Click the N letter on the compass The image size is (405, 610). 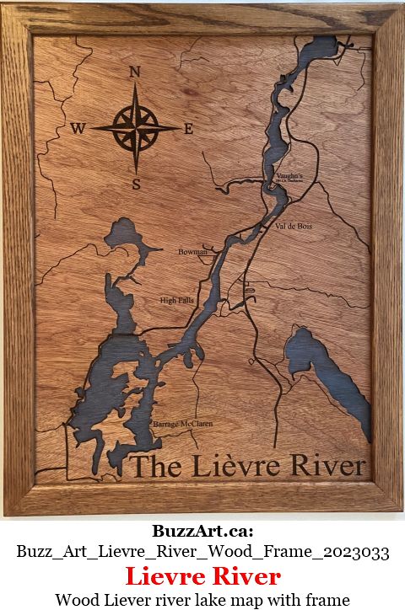coord(134,72)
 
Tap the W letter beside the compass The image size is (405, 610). coord(78,129)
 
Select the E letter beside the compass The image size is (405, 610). coord(188,129)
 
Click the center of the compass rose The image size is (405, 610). coord(134,129)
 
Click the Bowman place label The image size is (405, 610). coord(192,252)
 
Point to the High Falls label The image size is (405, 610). coord(176,300)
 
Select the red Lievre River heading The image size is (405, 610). coord(202,577)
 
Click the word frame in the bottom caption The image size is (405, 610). coord(328,600)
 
